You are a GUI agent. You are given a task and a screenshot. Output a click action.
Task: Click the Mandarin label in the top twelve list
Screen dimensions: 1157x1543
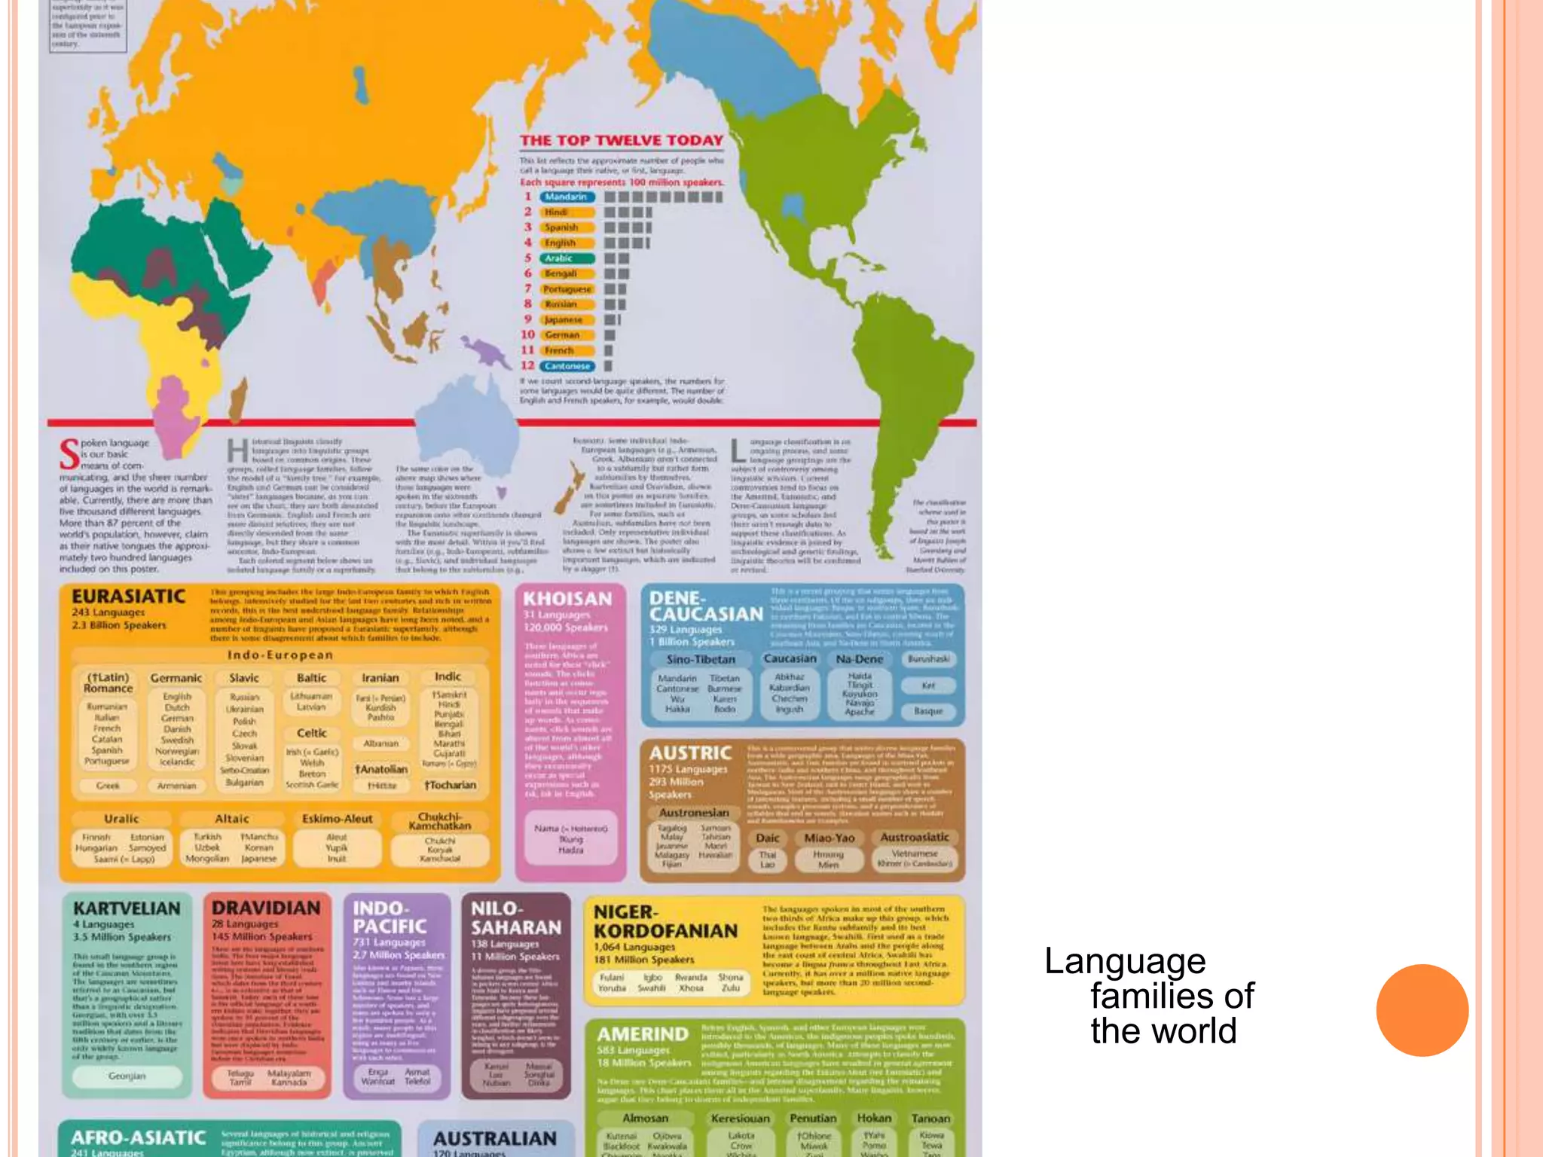click(567, 197)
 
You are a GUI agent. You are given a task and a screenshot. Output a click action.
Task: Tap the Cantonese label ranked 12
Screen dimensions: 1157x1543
click(567, 366)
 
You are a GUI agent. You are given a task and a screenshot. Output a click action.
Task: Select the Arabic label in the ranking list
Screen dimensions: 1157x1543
click(560, 258)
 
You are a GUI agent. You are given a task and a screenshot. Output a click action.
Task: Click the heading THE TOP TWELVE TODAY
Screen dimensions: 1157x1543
click(622, 140)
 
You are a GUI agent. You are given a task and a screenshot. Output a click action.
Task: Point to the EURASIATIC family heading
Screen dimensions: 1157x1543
click(128, 597)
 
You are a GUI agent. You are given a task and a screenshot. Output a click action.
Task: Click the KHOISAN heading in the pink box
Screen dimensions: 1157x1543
click(567, 599)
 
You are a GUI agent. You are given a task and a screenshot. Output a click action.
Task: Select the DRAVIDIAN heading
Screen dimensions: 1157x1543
click(266, 908)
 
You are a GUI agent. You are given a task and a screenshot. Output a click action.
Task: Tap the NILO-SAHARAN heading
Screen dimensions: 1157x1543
click(516, 918)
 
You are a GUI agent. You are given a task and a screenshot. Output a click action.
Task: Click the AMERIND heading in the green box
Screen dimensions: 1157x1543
click(643, 1034)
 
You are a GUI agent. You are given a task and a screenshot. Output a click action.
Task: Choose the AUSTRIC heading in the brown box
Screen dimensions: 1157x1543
click(690, 753)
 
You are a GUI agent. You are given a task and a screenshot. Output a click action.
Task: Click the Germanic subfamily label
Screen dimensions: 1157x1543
click(176, 678)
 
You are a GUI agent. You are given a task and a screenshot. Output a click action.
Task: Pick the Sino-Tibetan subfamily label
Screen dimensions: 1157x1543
click(701, 659)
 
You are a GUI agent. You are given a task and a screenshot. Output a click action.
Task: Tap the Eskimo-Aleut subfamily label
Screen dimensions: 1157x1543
click(337, 819)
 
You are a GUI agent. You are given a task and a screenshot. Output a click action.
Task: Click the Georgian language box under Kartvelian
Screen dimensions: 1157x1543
click(127, 1076)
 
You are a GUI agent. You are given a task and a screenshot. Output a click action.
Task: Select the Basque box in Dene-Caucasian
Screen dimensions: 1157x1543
click(928, 711)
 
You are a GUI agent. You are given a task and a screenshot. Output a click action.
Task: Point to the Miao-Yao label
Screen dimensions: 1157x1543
click(829, 838)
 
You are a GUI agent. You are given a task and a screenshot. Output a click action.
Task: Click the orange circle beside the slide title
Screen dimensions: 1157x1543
click(1422, 1010)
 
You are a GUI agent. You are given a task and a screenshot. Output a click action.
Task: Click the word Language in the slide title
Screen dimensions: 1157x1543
click(1125, 961)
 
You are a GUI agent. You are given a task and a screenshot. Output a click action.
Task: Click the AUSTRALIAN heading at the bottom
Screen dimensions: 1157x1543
click(495, 1138)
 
